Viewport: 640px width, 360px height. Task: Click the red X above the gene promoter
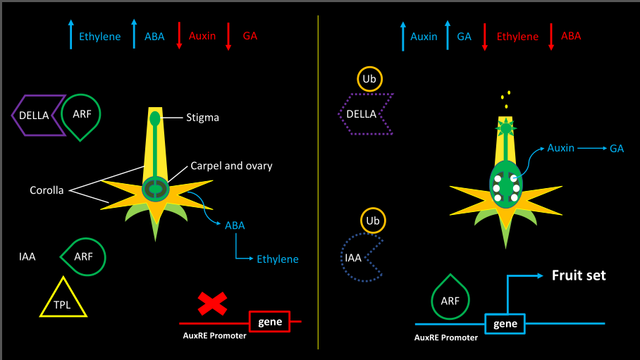click(x=212, y=304)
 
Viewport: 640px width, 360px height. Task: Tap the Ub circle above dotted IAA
click(x=373, y=209)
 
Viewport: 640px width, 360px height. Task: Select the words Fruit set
click(x=579, y=275)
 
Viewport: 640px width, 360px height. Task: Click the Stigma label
click(x=202, y=118)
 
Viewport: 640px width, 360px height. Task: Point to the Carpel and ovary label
click(x=231, y=166)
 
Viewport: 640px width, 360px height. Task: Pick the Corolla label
click(x=47, y=190)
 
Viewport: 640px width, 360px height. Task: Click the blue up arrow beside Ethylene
click(x=71, y=35)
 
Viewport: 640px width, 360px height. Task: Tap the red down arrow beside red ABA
click(x=551, y=37)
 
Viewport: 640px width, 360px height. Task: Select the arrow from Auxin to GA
click(x=592, y=148)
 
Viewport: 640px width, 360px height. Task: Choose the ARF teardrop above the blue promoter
click(x=432, y=300)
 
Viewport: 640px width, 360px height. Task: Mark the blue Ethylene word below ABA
click(x=278, y=259)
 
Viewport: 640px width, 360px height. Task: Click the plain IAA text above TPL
click(x=27, y=256)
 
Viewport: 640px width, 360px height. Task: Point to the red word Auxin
click(x=202, y=36)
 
